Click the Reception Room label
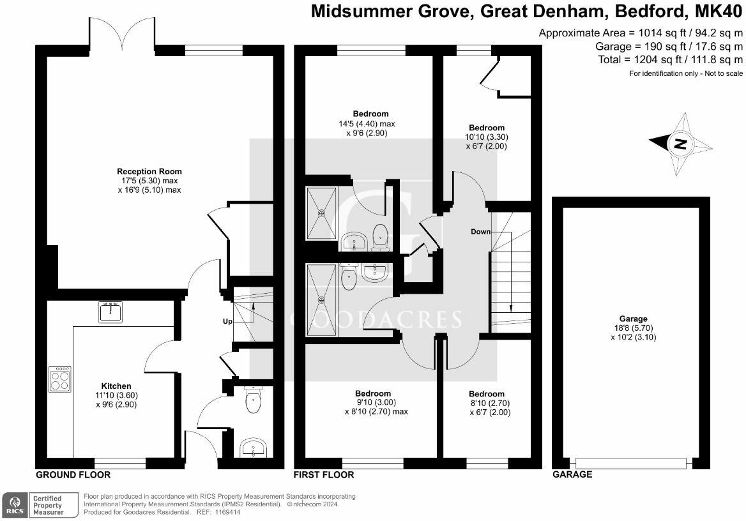(149, 171)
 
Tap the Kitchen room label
(116, 386)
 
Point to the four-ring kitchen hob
(60, 379)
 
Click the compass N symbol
(681, 144)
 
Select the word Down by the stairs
(480, 231)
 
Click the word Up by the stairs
(227, 321)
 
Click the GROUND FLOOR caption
(73, 475)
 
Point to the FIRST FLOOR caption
(324, 475)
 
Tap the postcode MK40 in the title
(719, 11)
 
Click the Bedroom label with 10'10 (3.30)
(486, 128)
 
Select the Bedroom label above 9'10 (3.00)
(373, 393)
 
